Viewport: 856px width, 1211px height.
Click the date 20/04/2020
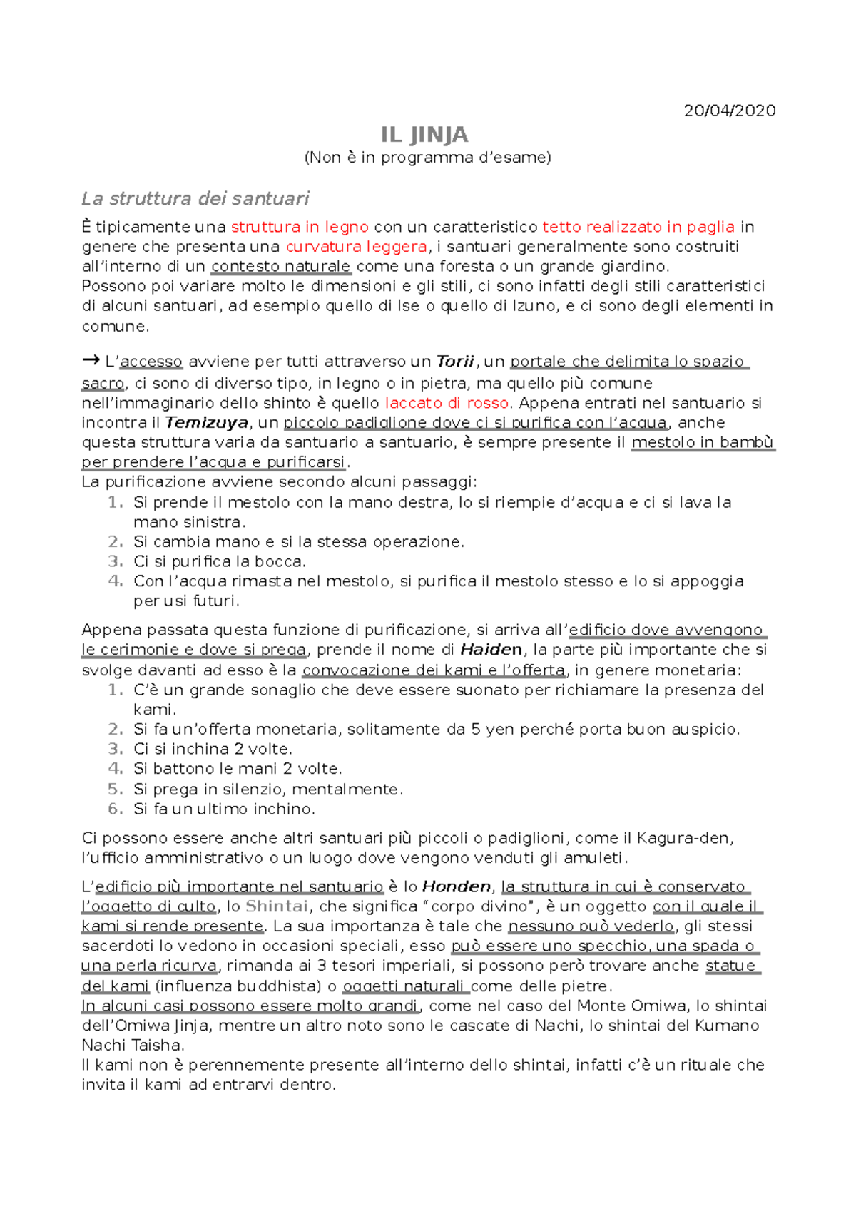(x=729, y=111)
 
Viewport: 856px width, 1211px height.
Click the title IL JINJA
(x=424, y=135)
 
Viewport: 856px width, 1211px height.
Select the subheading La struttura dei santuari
(x=195, y=198)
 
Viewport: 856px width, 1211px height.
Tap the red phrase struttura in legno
(x=300, y=227)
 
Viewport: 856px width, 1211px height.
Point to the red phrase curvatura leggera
(x=357, y=247)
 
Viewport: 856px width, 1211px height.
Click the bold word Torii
(x=455, y=362)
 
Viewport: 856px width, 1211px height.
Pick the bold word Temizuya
(x=207, y=423)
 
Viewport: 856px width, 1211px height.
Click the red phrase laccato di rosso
(x=447, y=403)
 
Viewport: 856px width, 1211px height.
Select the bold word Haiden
(x=491, y=650)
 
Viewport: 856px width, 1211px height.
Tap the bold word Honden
(x=457, y=886)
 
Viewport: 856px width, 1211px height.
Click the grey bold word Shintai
(x=277, y=906)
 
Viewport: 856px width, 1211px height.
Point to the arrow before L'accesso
(x=91, y=361)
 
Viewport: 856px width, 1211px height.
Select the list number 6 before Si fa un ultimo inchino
(x=115, y=809)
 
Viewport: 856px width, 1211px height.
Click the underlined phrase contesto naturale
(x=281, y=267)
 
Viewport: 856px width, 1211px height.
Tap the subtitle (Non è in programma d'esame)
(x=428, y=158)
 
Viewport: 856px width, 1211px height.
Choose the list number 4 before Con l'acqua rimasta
(x=115, y=581)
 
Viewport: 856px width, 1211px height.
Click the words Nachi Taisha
(x=133, y=1046)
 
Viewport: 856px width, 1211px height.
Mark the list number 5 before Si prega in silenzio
(x=115, y=790)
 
